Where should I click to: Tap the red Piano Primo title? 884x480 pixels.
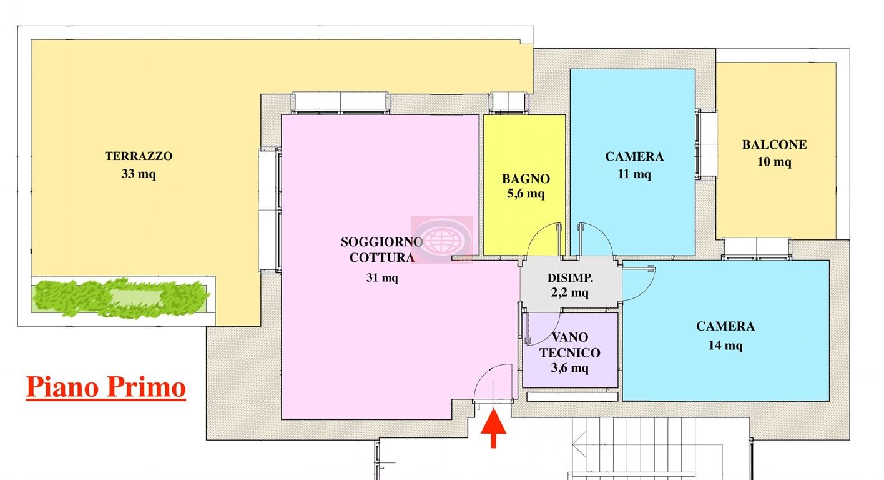pos(106,387)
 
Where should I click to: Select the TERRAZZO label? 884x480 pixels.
pos(139,156)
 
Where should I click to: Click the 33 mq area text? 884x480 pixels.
pos(139,174)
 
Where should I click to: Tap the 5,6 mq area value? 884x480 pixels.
pos(525,194)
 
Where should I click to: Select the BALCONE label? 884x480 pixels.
pos(774,145)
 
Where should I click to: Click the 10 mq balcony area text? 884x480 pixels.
pos(774,162)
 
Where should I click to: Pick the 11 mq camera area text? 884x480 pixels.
pos(634,174)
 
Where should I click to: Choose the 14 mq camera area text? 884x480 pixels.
pos(725,345)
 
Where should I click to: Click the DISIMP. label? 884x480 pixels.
pos(570,277)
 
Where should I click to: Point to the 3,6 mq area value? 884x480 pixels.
pos(569,368)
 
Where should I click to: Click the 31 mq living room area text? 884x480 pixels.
pos(381,277)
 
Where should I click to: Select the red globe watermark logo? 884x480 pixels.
pos(441,239)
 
